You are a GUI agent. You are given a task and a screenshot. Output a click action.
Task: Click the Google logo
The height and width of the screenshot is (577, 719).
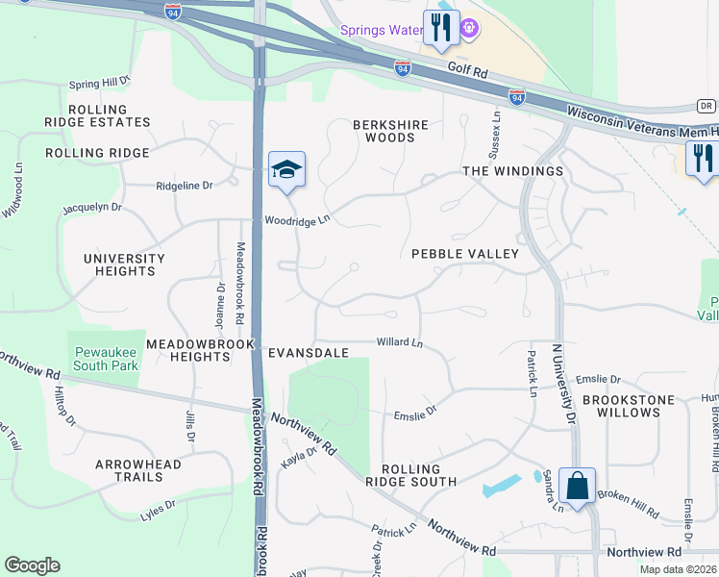point(32,565)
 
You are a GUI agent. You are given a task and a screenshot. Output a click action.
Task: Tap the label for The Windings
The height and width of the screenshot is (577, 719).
point(512,171)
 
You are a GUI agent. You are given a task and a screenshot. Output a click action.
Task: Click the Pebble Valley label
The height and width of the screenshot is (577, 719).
point(465,254)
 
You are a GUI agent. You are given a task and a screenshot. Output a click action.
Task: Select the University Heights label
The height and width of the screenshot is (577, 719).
point(124,264)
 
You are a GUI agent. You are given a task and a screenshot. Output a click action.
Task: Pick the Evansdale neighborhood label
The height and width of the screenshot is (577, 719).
point(308,353)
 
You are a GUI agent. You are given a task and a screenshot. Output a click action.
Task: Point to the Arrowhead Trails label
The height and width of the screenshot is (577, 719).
point(138,470)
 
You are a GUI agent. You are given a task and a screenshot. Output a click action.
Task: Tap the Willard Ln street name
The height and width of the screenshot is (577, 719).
point(400,342)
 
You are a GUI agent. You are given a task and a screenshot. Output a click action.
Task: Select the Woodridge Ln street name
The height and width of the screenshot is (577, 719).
point(298,220)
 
